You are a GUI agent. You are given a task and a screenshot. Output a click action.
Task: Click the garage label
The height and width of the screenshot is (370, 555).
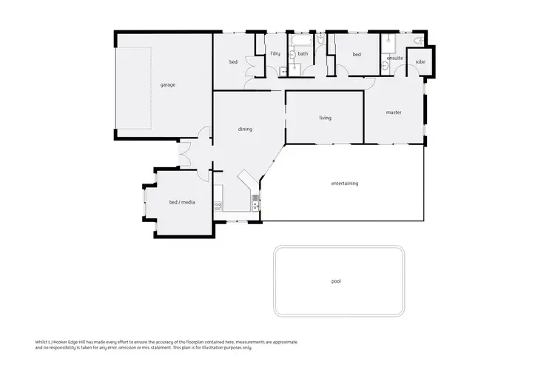[168, 85]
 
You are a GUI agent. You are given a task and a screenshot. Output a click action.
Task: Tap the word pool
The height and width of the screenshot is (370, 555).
[336, 281]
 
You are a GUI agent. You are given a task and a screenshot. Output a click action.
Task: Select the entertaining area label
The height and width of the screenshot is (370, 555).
[344, 183]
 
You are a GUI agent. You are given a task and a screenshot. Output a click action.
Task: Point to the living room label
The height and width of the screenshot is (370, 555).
[325, 118]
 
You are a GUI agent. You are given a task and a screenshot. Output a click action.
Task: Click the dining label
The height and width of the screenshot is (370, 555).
[245, 129]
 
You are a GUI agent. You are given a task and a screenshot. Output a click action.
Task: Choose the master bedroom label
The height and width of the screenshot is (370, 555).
[394, 112]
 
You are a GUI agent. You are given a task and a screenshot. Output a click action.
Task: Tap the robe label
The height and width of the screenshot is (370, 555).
[420, 61]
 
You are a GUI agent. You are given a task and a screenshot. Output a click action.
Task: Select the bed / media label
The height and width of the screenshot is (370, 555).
[182, 202]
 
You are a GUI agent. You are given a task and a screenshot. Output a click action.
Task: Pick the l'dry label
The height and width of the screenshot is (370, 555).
[275, 54]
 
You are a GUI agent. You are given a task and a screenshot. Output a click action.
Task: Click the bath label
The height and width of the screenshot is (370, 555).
[303, 54]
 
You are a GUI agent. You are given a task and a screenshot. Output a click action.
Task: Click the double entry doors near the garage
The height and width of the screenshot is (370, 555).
[185, 156]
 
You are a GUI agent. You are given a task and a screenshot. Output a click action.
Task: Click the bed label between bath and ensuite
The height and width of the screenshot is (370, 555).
[356, 54]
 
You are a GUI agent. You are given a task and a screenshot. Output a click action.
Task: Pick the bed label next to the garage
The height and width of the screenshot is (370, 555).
[233, 62]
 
